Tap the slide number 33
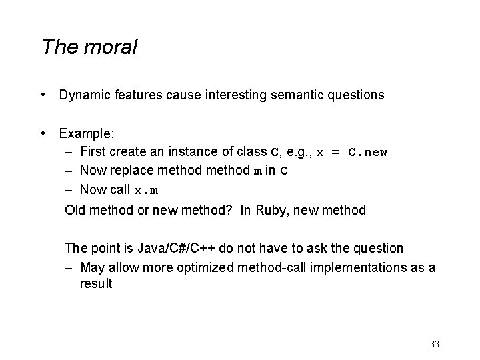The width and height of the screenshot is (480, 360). (435, 344)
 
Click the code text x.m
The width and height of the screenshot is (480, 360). (146, 191)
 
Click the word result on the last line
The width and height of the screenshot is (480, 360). (96, 284)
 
